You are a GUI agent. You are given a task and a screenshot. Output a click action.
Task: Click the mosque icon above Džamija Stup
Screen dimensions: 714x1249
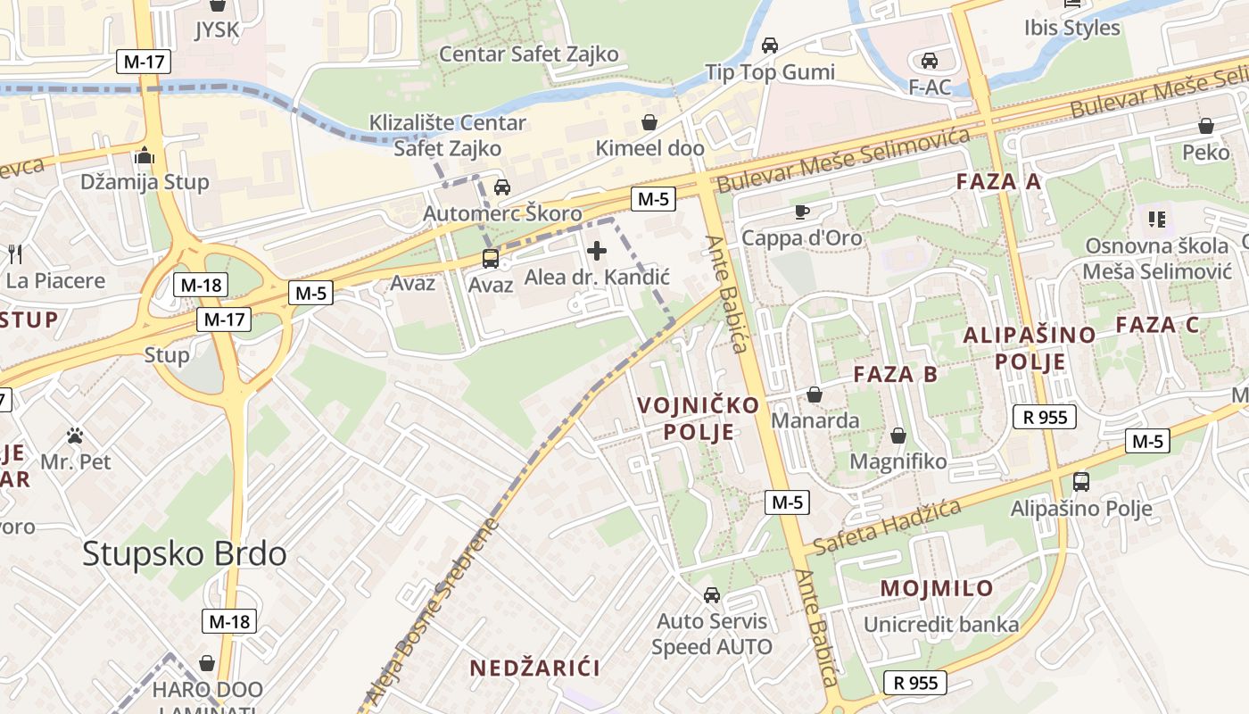click(x=145, y=156)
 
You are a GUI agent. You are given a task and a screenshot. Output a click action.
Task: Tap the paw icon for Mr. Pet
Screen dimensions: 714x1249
click(x=76, y=436)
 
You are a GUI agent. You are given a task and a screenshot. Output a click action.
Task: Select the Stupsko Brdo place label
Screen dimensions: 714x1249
click(x=185, y=553)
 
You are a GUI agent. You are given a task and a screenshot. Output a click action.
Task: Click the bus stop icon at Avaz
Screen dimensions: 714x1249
click(x=491, y=259)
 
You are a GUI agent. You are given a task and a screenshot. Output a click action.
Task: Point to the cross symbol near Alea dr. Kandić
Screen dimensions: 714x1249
click(x=597, y=252)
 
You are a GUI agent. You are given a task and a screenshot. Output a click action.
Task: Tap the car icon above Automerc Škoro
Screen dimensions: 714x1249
click(x=502, y=187)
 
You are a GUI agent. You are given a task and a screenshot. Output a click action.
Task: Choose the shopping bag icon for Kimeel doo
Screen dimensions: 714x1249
click(x=649, y=121)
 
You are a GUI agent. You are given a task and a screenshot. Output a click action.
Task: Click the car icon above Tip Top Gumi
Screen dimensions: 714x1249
click(x=769, y=45)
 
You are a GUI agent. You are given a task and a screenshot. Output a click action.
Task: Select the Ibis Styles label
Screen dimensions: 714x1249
click(x=1071, y=28)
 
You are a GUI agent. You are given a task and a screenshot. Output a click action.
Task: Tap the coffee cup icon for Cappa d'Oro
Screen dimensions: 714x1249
click(x=801, y=212)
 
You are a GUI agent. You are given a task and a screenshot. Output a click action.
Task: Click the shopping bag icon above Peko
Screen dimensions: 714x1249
click(x=1205, y=126)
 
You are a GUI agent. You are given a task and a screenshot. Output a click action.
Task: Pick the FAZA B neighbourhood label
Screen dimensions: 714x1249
click(x=895, y=374)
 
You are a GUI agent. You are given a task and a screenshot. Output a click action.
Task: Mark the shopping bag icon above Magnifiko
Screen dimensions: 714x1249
click(x=898, y=436)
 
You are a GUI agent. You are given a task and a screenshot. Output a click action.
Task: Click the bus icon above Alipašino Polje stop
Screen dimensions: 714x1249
click(x=1081, y=482)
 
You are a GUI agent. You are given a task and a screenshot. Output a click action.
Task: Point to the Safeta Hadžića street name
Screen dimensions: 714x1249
click(x=888, y=527)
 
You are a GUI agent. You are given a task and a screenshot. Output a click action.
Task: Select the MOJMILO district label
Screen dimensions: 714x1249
click(x=937, y=588)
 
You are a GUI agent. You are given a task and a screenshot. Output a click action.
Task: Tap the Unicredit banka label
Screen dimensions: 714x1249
click(x=941, y=625)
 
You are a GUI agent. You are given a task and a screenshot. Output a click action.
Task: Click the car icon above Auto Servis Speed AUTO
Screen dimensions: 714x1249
click(x=712, y=594)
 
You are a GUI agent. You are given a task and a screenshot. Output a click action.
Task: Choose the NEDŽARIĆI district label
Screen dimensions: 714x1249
click(x=534, y=668)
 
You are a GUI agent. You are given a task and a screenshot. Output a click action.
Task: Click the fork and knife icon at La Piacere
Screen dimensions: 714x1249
click(x=15, y=253)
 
